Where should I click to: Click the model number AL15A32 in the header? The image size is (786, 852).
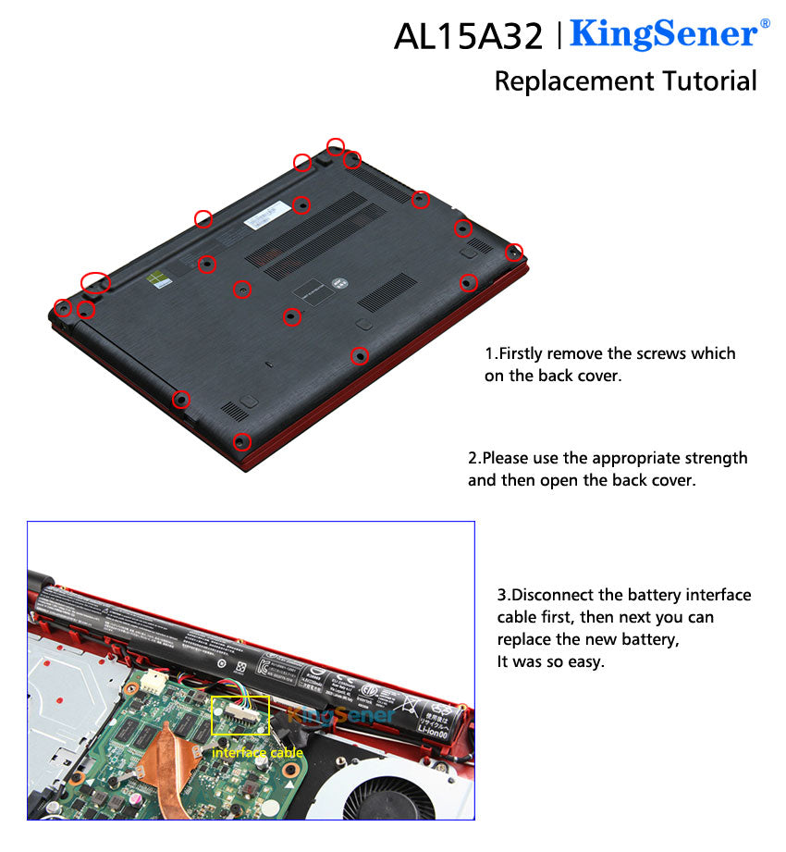point(468,36)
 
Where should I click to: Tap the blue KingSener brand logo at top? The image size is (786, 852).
point(663,33)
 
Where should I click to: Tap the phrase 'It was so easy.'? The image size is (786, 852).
point(550,661)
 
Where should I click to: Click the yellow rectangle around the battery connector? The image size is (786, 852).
point(240,715)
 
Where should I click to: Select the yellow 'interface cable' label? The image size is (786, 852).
point(257,753)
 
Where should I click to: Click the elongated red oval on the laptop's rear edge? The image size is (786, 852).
point(95,281)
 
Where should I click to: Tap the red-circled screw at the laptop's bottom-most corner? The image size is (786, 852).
point(241,441)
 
